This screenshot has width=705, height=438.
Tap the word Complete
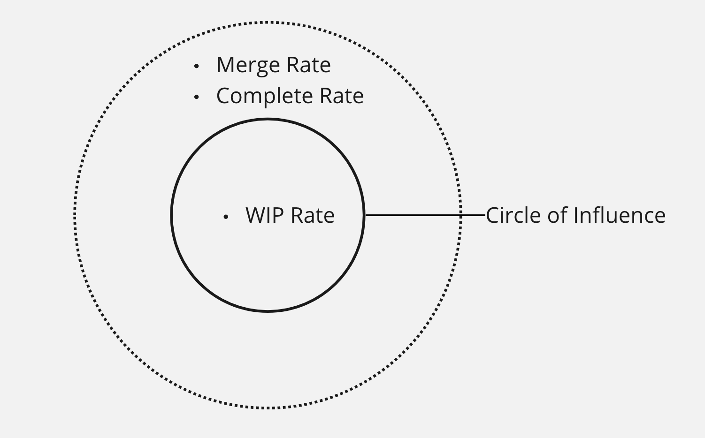[x=264, y=96]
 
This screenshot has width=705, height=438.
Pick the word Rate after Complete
[x=342, y=96]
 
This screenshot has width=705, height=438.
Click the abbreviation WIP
[x=265, y=216]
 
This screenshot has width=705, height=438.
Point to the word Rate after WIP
[x=313, y=216]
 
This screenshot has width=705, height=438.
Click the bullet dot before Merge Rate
[x=197, y=67]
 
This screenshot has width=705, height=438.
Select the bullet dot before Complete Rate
[x=197, y=97]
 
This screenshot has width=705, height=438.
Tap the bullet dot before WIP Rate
[x=226, y=217]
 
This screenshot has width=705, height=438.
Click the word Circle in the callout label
[x=513, y=215]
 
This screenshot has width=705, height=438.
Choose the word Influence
[x=619, y=215]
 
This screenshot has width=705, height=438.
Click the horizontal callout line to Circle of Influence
[x=413, y=215]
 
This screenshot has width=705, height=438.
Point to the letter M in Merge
[x=226, y=65]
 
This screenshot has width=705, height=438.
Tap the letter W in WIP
[x=257, y=216]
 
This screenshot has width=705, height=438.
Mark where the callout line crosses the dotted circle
[x=460, y=215]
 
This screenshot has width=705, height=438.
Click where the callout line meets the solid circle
[x=364, y=215]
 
